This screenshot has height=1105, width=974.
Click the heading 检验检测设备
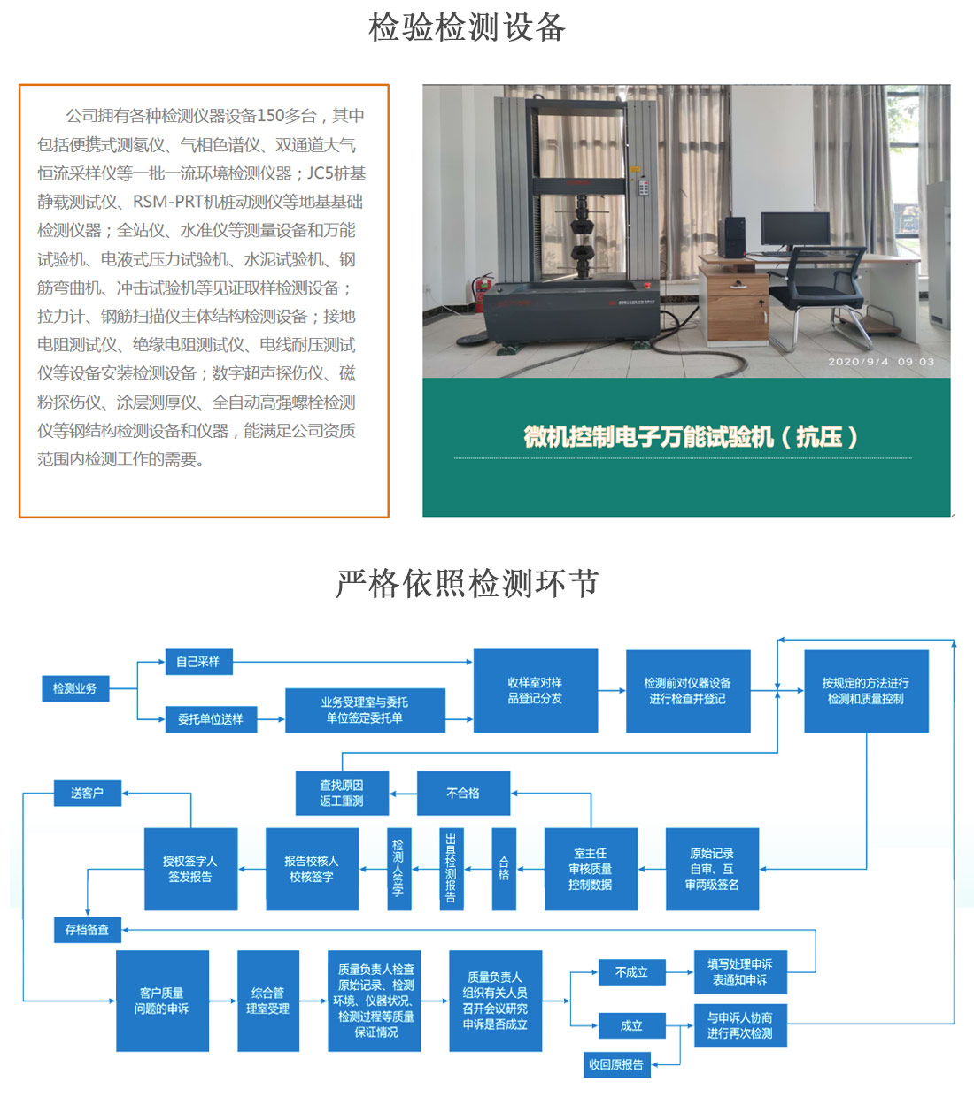click(467, 27)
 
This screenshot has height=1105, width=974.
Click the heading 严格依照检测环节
click(468, 584)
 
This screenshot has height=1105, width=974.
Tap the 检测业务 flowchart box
click(75, 688)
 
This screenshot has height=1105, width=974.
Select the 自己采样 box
click(198, 662)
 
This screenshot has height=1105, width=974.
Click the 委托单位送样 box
click(211, 719)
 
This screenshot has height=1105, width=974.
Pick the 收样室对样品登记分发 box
click(535, 691)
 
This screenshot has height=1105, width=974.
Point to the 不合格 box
click(463, 793)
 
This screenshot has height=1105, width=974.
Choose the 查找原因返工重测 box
click(342, 793)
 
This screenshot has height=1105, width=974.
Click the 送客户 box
click(88, 793)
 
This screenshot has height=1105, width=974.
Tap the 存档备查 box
click(87, 930)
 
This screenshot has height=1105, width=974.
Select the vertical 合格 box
click(504, 869)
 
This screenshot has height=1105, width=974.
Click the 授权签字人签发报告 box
click(190, 869)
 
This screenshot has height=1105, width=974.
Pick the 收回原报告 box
click(616, 1064)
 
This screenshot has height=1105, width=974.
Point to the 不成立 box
click(631, 972)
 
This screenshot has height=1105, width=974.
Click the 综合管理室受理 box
click(267, 1001)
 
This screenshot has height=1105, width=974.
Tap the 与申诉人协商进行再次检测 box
click(739, 1025)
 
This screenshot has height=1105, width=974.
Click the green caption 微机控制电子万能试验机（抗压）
click(691, 437)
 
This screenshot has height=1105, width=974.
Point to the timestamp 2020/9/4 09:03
click(881, 362)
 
